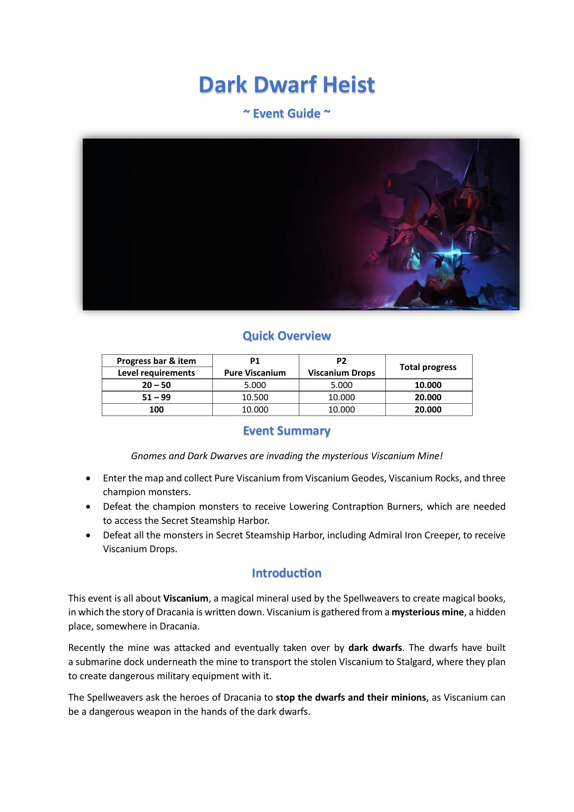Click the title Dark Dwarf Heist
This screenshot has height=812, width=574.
287,85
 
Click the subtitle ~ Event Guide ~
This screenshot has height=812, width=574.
287,114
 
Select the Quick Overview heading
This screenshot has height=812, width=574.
287,336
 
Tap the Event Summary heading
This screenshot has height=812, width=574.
287,431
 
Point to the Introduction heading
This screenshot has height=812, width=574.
287,573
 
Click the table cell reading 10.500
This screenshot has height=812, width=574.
255,397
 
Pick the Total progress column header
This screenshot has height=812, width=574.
428,367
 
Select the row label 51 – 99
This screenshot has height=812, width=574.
156,397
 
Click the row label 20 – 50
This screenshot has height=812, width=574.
156,385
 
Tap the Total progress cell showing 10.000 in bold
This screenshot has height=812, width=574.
428,385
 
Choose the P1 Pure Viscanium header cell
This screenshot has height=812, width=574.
255,367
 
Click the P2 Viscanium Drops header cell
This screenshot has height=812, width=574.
341,367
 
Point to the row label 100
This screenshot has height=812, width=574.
156,409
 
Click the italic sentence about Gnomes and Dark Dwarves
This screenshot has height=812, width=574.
287,456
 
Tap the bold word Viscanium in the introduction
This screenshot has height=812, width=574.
186,598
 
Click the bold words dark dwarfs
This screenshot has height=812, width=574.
375,648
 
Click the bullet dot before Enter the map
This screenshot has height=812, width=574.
89,479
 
